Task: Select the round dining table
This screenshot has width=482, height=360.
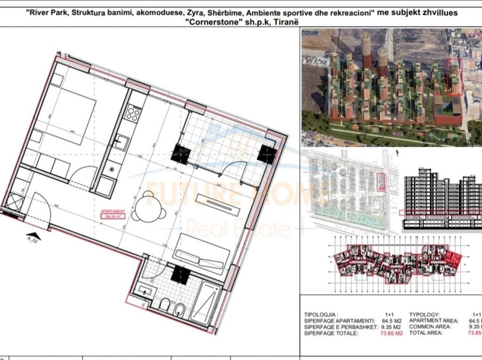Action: pyautogui.click(x=154, y=206)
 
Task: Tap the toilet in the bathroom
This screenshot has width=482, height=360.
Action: pyautogui.click(x=164, y=306)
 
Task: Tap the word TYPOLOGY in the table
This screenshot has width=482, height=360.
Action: pyautogui.click(x=425, y=314)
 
